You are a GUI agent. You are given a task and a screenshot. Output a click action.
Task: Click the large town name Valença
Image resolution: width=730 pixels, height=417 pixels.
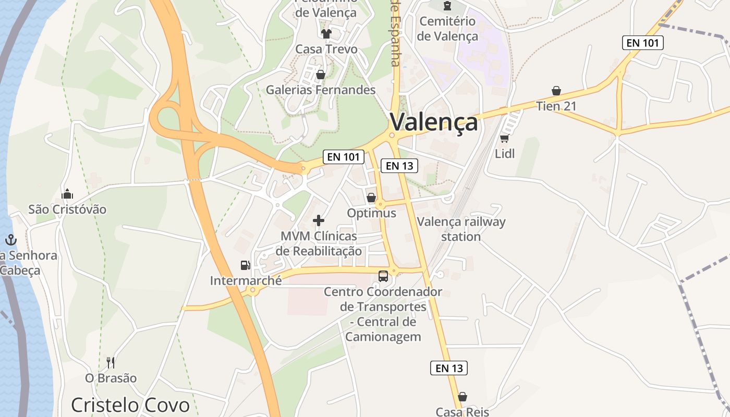point(433,122)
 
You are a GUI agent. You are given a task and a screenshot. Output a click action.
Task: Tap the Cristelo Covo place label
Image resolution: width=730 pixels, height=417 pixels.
point(130,405)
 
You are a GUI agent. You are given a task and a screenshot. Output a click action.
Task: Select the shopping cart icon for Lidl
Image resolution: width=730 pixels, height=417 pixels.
point(504,138)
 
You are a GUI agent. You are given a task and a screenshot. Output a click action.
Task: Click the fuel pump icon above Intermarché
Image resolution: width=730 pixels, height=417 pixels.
point(245,265)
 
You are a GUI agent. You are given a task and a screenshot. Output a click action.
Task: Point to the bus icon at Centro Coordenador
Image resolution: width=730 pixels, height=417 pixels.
point(383,276)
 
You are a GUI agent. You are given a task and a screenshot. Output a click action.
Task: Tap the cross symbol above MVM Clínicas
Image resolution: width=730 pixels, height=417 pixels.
point(319,220)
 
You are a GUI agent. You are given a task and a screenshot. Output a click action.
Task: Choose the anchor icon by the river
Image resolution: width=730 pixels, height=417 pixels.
point(10,240)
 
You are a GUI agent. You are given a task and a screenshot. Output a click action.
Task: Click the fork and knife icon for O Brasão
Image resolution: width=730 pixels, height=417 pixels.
point(111,362)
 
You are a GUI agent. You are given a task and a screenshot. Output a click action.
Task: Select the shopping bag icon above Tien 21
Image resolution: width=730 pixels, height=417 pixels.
point(556,91)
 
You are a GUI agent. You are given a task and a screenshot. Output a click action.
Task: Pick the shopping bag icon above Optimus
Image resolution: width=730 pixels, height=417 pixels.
point(371,198)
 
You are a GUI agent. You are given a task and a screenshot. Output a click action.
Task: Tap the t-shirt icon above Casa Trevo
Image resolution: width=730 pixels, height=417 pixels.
point(326,34)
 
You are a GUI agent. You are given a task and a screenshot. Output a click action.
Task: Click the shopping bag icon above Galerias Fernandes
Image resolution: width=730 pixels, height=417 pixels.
point(321,75)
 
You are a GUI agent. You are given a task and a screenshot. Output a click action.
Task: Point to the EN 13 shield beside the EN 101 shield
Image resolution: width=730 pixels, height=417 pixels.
point(400,166)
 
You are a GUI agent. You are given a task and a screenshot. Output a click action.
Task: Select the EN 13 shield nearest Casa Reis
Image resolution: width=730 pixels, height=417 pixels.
point(449,368)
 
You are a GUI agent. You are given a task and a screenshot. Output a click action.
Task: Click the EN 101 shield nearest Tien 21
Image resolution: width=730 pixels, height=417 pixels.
point(643,43)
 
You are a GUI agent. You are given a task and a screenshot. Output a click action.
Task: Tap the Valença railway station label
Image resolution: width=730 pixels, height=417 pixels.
point(461,229)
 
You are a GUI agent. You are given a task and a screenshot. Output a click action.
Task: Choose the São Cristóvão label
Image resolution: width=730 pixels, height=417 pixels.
point(67,210)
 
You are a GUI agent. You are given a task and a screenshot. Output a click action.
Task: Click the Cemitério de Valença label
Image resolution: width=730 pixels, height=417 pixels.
point(447,29)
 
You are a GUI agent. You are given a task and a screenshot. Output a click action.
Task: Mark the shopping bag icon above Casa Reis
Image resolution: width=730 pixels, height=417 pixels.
point(462,397)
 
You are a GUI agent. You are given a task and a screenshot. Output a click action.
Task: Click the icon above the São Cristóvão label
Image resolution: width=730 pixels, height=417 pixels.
point(67,194)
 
